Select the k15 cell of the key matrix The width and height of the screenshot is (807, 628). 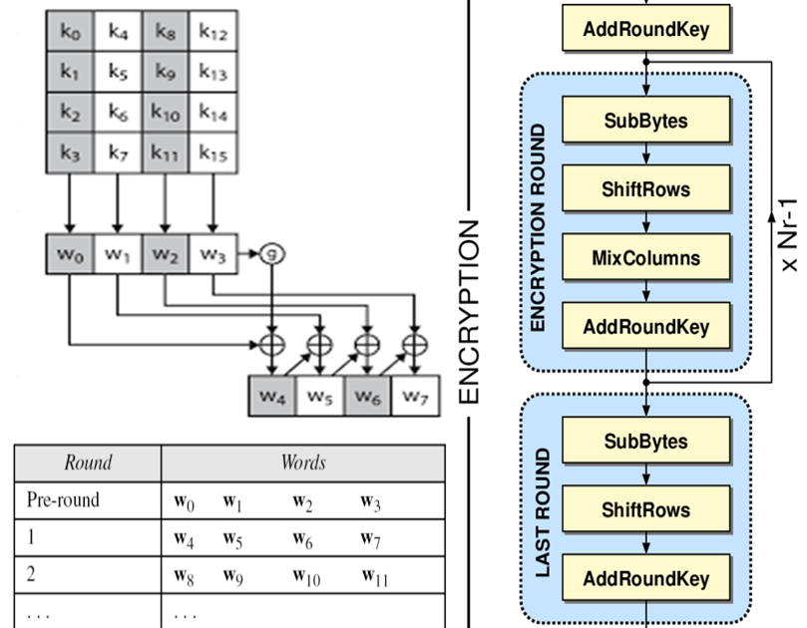tap(212, 153)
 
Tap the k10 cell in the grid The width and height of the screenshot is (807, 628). tap(165, 113)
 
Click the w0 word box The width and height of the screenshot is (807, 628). tap(69, 254)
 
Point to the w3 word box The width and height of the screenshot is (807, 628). tap(212, 254)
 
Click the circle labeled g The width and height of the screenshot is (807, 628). tap(272, 254)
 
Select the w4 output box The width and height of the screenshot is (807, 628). tap(272, 397)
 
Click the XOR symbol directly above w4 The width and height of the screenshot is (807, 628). tap(272, 346)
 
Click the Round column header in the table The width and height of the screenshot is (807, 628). tap(88, 463)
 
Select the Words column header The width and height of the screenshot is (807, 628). tap(303, 463)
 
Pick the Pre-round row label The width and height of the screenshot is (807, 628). tap(63, 500)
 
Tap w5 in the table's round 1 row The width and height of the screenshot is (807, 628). tap(232, 538)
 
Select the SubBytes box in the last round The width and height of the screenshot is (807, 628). tap(645, 442)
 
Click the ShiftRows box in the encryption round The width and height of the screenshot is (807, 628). tap(645, 189)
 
